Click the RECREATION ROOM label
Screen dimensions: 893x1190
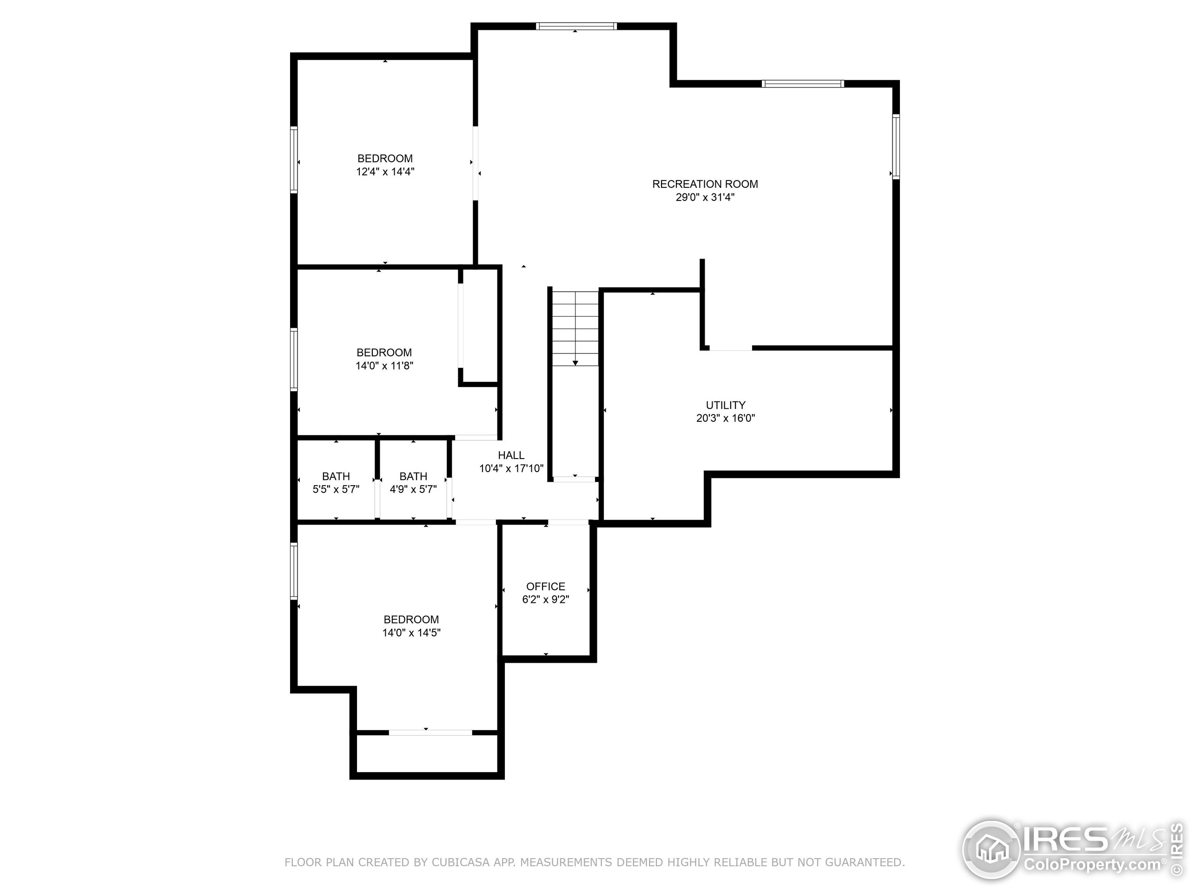[705, 184]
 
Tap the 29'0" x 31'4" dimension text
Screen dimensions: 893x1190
[705, 198]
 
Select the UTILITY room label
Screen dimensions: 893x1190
[725, 405]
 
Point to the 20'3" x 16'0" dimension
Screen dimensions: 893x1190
[725, 418]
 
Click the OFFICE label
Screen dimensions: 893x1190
[546, 586]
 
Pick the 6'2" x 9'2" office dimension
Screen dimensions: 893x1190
[546, 600]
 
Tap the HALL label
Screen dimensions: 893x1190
[510, 455]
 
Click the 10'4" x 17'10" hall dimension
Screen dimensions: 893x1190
[511, 469]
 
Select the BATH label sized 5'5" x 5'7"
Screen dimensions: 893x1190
[336, 476]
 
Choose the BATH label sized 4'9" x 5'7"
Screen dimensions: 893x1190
[413, 476]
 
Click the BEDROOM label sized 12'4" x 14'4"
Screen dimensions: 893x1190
[384, 158]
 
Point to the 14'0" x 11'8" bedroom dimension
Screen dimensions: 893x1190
[384, 366]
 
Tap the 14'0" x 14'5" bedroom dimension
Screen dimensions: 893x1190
[411, 633]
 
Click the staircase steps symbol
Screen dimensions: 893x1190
[575, 323]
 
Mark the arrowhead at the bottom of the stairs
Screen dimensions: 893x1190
[575, 363]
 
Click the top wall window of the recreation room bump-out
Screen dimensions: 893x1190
[575, 26]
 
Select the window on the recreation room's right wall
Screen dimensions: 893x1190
[896, 147]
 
